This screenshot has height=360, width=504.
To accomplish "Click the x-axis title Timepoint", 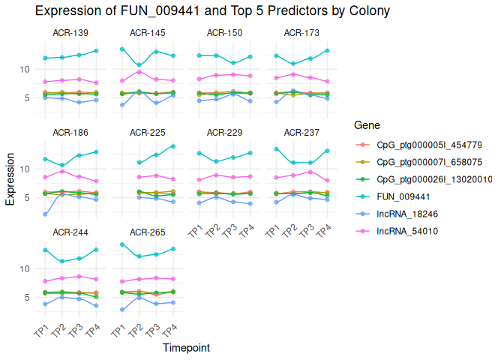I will click(185, 348).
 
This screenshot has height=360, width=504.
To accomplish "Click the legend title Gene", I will click(368, 125).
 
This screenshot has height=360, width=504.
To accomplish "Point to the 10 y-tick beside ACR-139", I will click(25, 69).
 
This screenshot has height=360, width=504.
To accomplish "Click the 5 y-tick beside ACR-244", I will click(27, 297).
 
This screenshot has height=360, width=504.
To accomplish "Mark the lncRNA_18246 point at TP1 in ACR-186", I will click(45, 214).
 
